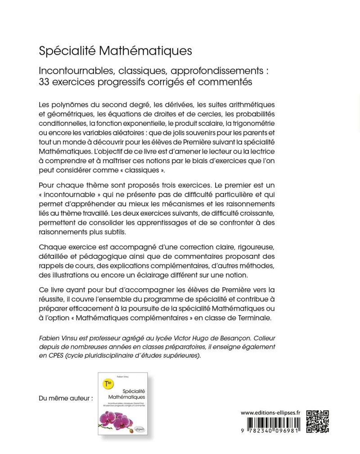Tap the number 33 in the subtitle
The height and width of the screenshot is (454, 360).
[x=45, y=82]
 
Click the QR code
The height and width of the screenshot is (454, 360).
[x=318, y=421]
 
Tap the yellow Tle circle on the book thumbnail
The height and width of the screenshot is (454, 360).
[x=108, y=384]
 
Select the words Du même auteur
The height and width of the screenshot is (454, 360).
[x=66, y=398]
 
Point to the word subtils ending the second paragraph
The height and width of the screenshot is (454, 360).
[x=114, y=232]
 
